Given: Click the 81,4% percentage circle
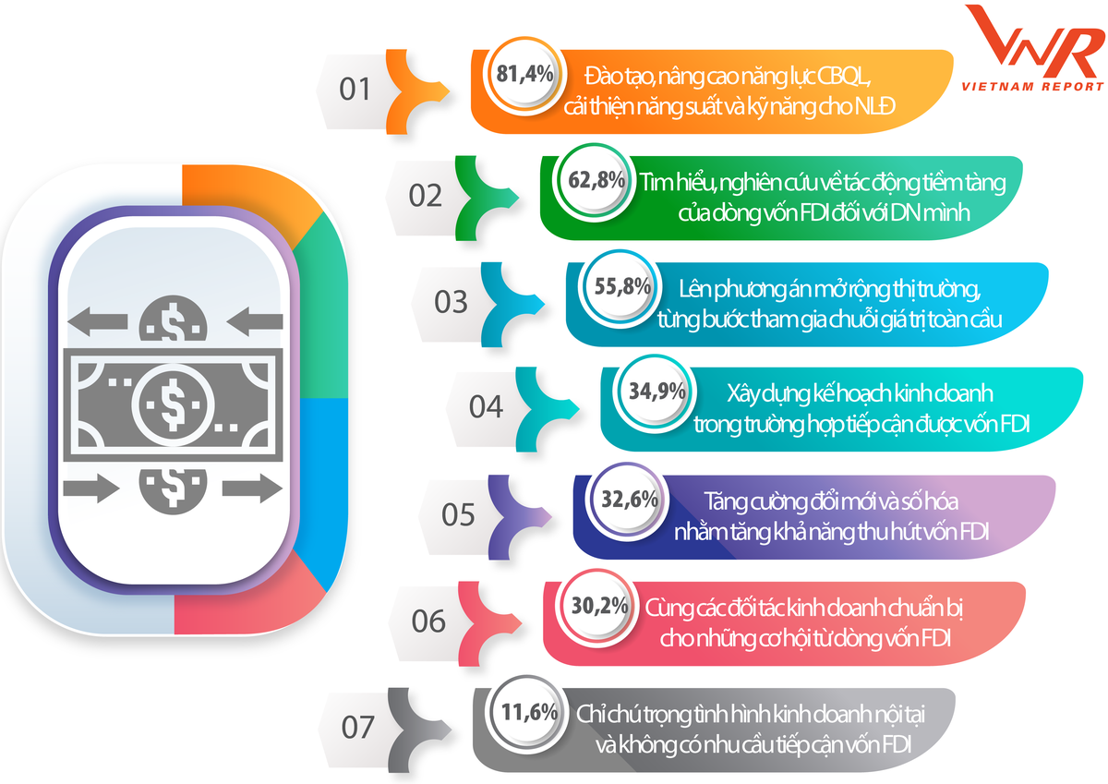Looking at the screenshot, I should (x=525, y=74).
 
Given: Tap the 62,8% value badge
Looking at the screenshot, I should (x=596, y=180).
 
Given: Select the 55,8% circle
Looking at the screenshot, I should (x=622, y=286).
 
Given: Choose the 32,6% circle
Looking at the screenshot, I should (x=629, y=500).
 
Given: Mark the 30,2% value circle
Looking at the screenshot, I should (x=599, y=607).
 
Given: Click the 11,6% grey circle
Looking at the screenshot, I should (x=529, y=713).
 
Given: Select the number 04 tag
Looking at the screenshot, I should (x=484, y=407).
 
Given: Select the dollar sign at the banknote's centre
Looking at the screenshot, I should (x=172, y=398).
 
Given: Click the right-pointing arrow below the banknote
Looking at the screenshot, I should (x=249, y=488).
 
